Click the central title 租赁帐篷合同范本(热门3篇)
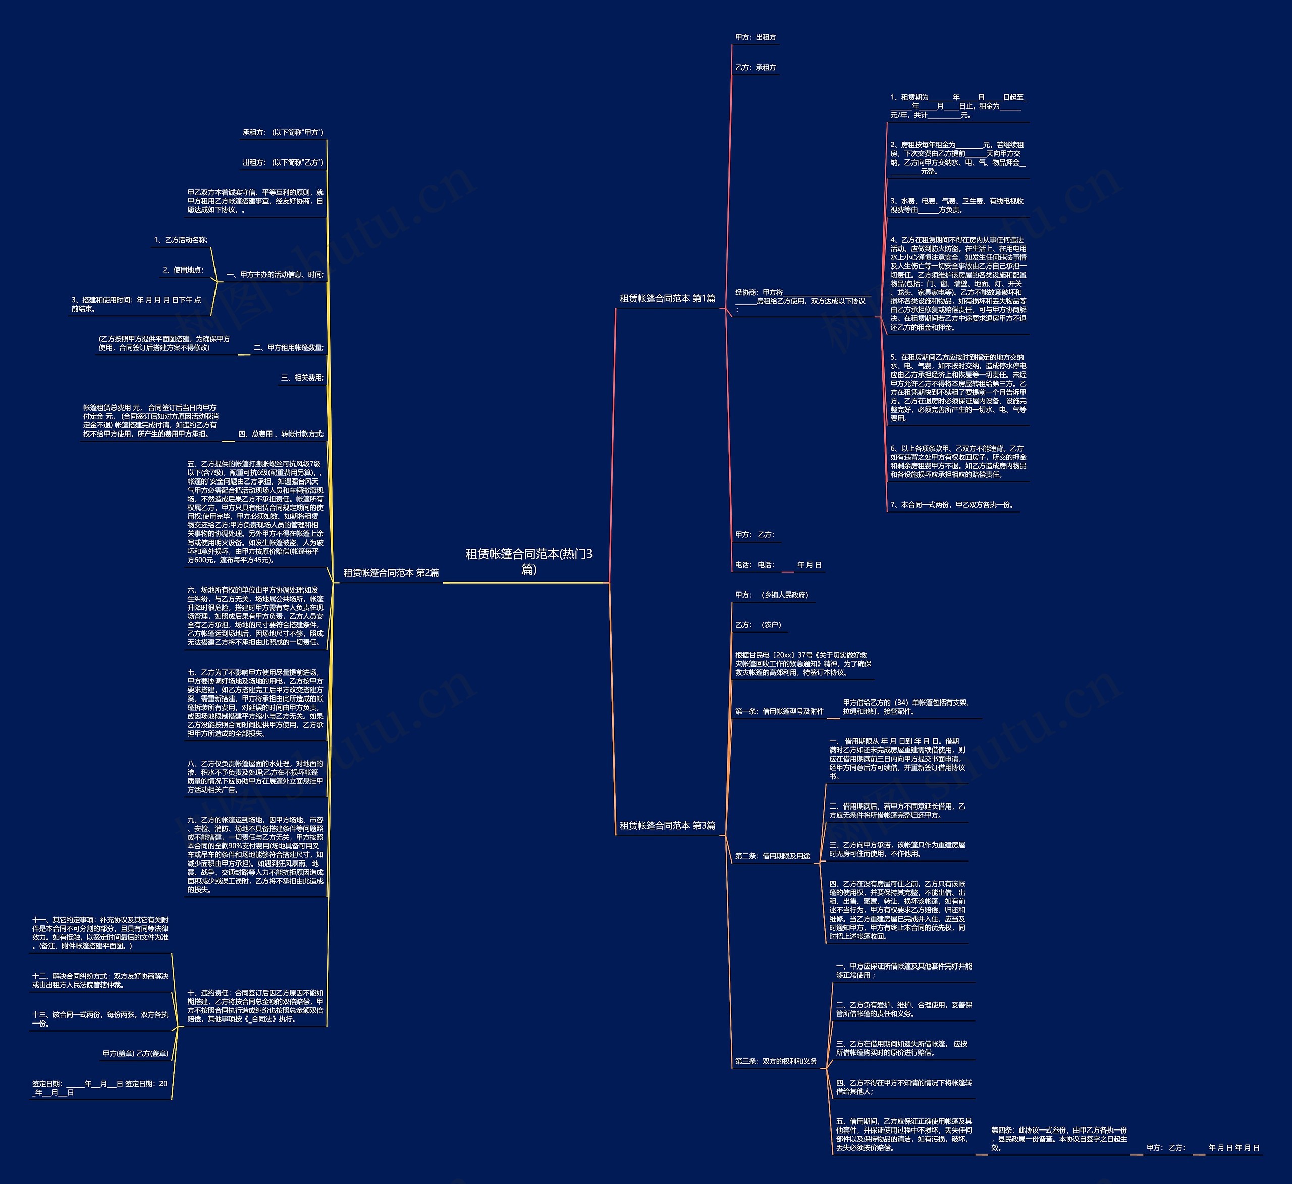click(529, 562)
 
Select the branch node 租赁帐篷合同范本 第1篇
click(667, 299)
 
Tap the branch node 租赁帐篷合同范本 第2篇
click(391, 573)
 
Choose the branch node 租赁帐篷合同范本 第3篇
click(667, 826)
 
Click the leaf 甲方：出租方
click(756, 38)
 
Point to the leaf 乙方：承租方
click(756, 67)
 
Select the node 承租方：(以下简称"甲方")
click(283, 133)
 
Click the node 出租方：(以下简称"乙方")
click(283, 163)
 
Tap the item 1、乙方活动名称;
click(181, 240)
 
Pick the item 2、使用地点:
click(183, 271)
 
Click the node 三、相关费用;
click(302, 378)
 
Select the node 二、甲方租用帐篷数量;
click(288, 348)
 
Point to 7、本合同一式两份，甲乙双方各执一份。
click(953, 505)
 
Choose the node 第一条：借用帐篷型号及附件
click(779, 712)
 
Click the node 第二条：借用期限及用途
click(772, 856)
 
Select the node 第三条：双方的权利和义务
click(776, 1061)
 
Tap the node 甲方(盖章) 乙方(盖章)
click(135, 1054)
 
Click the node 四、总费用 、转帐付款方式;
click(281, 435)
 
